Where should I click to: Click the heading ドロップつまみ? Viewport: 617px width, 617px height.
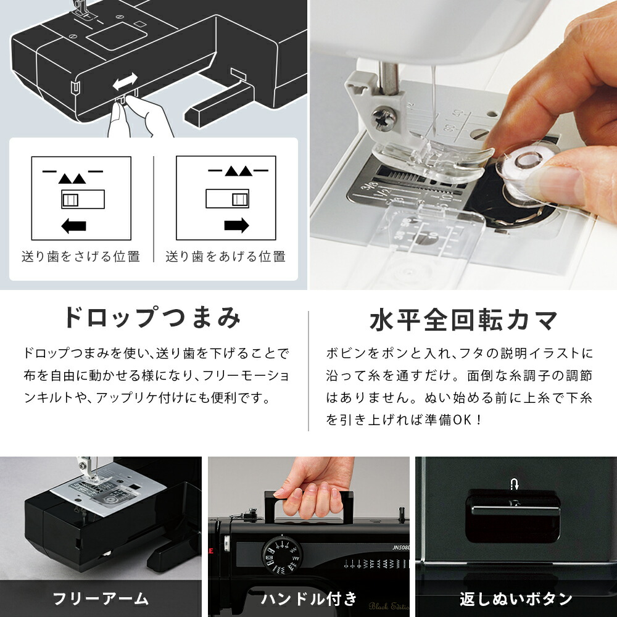click(152, 318)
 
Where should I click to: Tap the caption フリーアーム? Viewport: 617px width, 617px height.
click(101, 598)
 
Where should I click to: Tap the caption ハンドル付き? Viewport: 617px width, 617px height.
click(308, 598)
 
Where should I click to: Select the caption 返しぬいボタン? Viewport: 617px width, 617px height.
click(516, 598)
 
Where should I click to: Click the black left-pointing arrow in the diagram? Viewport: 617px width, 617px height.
click(74, 226)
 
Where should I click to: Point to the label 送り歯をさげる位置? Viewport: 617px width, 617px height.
click(81, 256)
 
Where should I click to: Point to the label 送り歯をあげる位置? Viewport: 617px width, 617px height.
click(225, 256)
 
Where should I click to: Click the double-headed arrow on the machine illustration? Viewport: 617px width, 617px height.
click(125, 82)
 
